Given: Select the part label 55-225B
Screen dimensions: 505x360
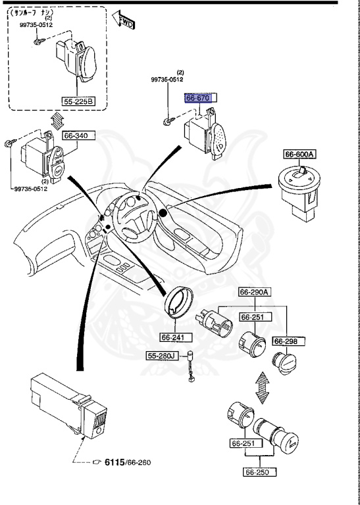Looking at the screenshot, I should [79, 101].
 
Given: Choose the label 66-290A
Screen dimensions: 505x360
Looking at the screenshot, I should [255, 292].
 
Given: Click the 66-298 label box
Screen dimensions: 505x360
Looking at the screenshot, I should [286, 341].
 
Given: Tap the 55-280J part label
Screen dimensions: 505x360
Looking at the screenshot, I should [161, 356].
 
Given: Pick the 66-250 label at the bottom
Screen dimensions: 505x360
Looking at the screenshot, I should [258, 471].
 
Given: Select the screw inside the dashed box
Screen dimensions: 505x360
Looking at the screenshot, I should [38, 41].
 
